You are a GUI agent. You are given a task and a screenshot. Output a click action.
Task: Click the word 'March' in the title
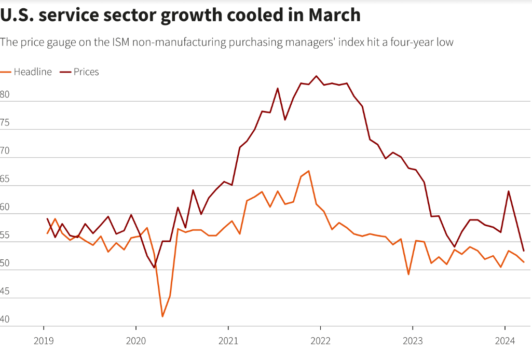tap(334, 15)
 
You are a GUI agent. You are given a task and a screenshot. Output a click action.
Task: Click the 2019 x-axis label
tap(43, 341)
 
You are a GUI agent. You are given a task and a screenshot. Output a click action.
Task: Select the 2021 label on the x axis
tap(228, 341)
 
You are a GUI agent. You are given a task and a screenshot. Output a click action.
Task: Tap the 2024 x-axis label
tap(505, 341)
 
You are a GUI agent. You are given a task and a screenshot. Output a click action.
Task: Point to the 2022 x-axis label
tap(320, 341)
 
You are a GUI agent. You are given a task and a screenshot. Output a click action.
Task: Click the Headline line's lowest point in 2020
tap(162, 316)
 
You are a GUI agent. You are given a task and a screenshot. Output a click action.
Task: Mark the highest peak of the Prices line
tap(317, 76)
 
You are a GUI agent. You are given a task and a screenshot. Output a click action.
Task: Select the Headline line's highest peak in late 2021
tap(309, 171)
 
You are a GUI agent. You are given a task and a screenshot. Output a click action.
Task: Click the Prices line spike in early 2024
tap(509, 191)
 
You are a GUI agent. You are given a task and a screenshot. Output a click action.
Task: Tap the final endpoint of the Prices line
tap(524, 251)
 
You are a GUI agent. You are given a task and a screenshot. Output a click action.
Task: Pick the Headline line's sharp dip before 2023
tap(408, 274)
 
